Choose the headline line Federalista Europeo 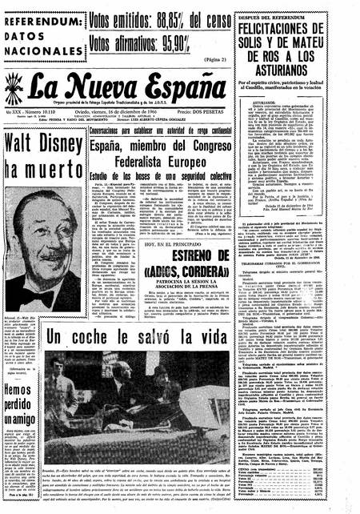tap(161, 158)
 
